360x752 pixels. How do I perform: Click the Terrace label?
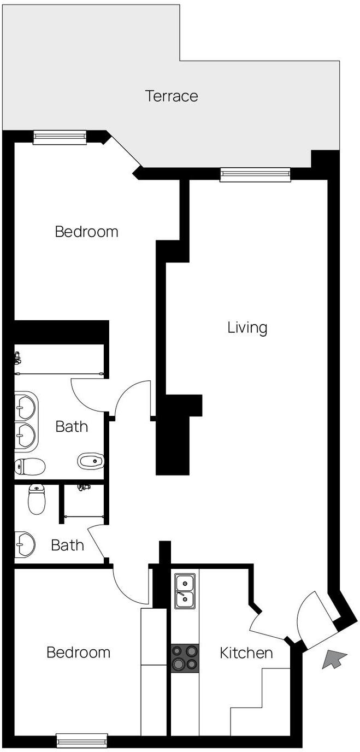[172, 96]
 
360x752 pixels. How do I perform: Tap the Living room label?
[247, 327]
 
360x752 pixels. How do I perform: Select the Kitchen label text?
[246, 653]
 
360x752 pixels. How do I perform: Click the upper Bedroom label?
[86, 232]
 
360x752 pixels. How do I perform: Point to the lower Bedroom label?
[79, 653]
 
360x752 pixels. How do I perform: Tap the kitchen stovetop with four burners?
[185, 658]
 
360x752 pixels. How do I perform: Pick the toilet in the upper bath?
[30, 466]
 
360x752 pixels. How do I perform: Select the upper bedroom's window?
[60, 137]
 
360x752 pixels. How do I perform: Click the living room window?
[255, 174]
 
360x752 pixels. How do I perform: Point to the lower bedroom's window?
[82, 740]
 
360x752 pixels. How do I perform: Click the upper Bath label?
[72, 427]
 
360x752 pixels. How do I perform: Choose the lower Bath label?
[67, 545]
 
